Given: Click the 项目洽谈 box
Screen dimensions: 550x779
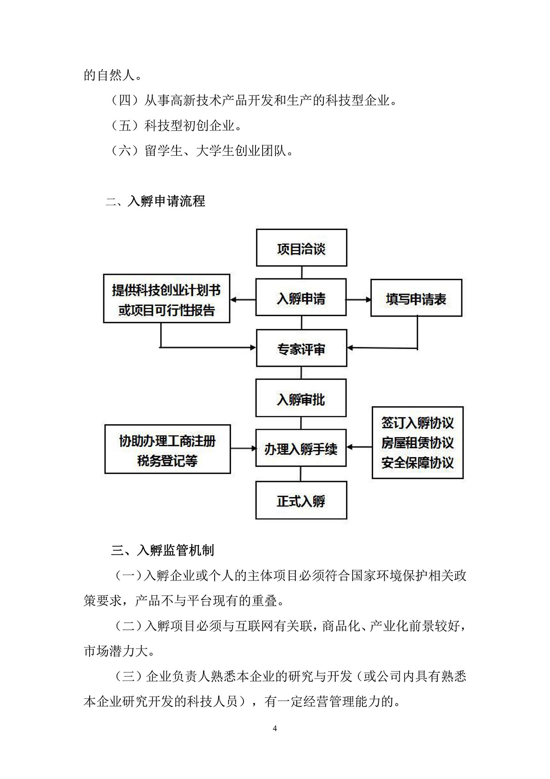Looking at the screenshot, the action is pos(302,248).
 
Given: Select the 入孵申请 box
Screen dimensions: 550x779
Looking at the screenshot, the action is pos(301,298).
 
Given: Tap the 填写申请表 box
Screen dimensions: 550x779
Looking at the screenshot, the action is pos(416,298).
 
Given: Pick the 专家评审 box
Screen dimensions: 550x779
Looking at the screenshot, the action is pos(302,348).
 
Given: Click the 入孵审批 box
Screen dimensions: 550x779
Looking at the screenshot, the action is pos(301,398).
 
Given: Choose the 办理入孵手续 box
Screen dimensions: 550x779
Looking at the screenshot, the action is pos(301,448).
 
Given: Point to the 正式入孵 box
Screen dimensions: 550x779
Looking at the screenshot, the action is pos(301,501).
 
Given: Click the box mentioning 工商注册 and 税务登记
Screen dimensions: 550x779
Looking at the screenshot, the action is pos(168,449).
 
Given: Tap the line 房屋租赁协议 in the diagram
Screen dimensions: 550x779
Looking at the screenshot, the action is pos(417,443).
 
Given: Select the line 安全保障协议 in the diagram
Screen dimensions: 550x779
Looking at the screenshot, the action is pos(417,463).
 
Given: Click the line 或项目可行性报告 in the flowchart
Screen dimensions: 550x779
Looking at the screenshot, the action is pos(166,310).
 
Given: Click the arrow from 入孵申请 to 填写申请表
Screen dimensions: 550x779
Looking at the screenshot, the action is pos(358,300).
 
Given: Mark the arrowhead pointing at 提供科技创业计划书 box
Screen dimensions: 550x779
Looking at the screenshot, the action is pos(234,300).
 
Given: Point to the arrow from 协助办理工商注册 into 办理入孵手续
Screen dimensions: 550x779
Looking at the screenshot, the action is pos(243,449).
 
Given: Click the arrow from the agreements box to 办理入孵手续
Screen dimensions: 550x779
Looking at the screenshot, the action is pos(359,447).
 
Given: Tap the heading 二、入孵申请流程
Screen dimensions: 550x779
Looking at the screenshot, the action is pos(155,201).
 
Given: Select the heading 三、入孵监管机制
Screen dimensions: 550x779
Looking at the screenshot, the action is pos(162,551).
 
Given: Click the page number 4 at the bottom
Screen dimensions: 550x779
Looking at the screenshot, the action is pos(275,728).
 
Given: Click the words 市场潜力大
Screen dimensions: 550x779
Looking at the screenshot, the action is pos(119,651).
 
